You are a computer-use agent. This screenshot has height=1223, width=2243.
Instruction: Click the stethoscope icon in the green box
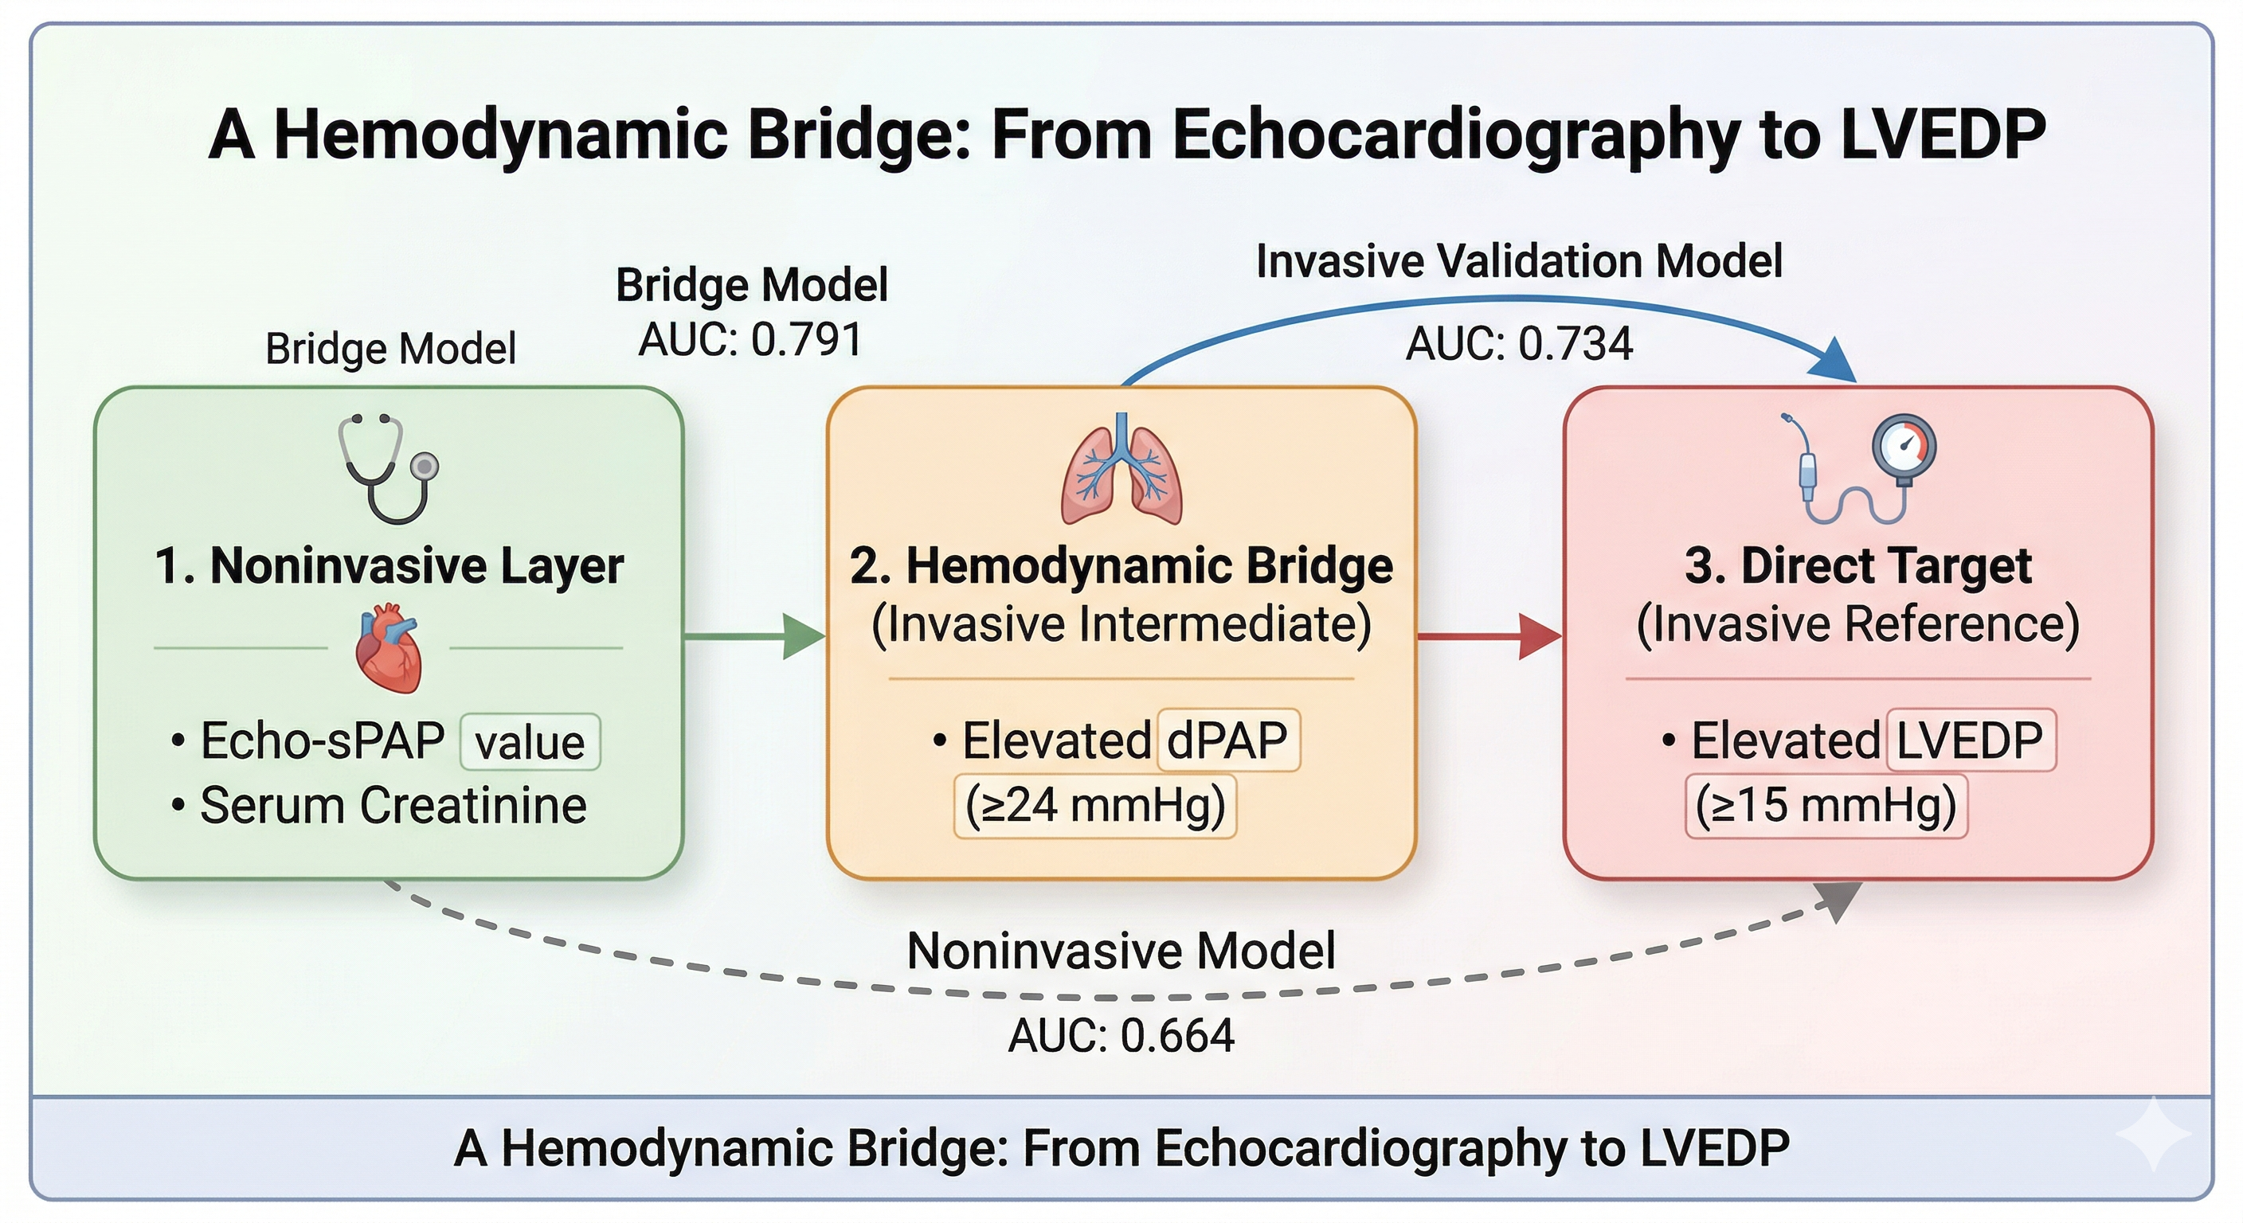[x=389, y=468]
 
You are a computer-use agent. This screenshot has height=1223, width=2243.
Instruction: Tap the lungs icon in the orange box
[x=1121, y=468]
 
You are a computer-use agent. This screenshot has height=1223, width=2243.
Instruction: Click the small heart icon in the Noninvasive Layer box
[x=389, y=651]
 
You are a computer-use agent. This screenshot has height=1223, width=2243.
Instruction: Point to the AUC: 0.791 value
[x=750, y=339]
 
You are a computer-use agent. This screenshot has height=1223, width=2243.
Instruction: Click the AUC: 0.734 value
[x=1520, y=344]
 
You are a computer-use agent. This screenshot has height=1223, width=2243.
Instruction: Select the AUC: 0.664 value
[x=1121, y=1036]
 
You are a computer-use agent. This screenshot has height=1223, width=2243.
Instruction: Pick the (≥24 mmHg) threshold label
[x=1095, y=805]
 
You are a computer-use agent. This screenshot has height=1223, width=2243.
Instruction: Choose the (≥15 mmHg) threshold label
[x=1826, y=805]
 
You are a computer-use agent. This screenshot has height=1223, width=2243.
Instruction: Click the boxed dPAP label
[x=1227, y=740]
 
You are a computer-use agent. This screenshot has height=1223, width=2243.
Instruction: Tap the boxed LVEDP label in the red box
[x=1971, y=740]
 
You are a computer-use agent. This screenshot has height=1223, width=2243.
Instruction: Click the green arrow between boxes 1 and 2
[x=754, y=637]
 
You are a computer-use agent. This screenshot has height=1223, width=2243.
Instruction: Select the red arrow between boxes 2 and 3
[x=1489, y=637]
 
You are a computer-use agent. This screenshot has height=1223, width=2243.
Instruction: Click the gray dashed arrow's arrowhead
[x=1840, y=901]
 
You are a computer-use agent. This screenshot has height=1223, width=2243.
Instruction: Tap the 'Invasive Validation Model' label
[x=1520, y=261]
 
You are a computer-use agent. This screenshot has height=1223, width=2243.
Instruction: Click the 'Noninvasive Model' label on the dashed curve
[x=1121, y=951]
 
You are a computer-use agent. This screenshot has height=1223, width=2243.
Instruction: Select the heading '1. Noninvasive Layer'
[x=389, y=566]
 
